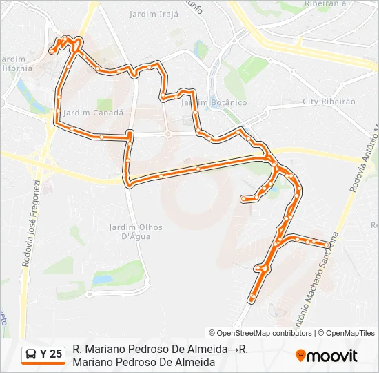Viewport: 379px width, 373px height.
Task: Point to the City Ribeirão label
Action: pyautogui.click(x=329, y=102)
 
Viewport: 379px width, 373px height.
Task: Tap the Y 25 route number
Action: pyautogui.click(x=51, y=354)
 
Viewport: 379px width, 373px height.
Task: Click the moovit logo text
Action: pyautogui.click(x=332, y=356)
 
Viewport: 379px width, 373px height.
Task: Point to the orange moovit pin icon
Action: pyautogui.click(x=300, y=356)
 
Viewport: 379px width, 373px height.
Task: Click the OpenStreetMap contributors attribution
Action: pyautogui.click(x=260, y=333)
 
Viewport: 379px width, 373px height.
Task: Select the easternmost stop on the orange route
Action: pyautogui.click(x=327, y=244)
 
